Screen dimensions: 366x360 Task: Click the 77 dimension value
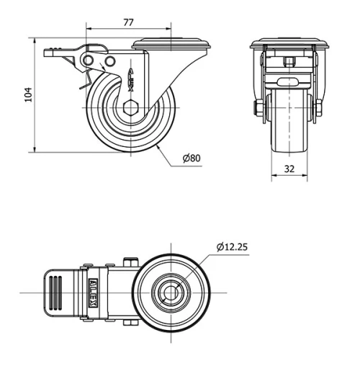(x=128, y=22)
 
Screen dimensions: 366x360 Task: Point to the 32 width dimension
(x=289, y=169)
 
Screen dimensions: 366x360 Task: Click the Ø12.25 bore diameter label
(x=232, y=247)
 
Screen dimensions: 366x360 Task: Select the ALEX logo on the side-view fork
(x=130, y=78)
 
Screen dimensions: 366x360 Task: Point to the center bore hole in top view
(x=171, y=293)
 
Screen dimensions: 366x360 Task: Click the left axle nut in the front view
(x=258, y=109)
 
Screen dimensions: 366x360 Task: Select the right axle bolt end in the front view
(x=318, y=109)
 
